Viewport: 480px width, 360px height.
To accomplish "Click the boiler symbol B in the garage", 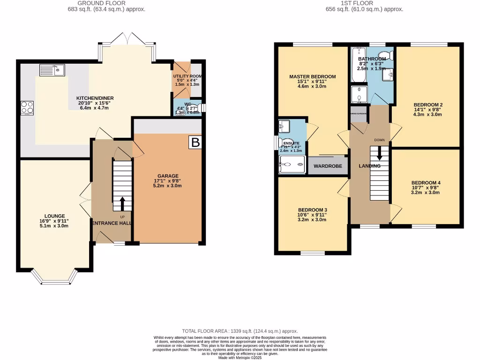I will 195,142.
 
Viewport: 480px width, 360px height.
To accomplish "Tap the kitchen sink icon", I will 52,70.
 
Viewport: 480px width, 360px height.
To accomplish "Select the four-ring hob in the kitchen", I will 27,108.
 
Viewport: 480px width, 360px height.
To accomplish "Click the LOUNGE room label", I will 55,216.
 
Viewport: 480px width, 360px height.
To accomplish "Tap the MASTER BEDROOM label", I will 312,76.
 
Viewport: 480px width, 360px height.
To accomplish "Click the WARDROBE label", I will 328,166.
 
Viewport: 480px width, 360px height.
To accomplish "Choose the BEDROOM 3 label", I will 312,210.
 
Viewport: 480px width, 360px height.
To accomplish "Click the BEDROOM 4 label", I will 426,183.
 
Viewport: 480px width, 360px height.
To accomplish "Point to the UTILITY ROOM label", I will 187,76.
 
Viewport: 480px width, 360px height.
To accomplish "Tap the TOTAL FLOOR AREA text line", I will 240,331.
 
